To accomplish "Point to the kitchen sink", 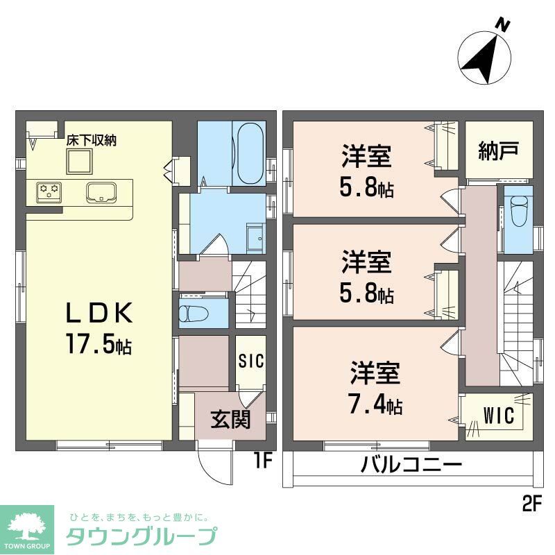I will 101,191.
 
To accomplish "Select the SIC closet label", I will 250,361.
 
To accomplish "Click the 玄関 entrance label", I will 230,419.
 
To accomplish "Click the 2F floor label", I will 530,505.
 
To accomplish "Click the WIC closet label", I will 499,417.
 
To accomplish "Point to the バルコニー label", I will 411,465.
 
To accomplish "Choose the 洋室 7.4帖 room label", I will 375,389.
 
